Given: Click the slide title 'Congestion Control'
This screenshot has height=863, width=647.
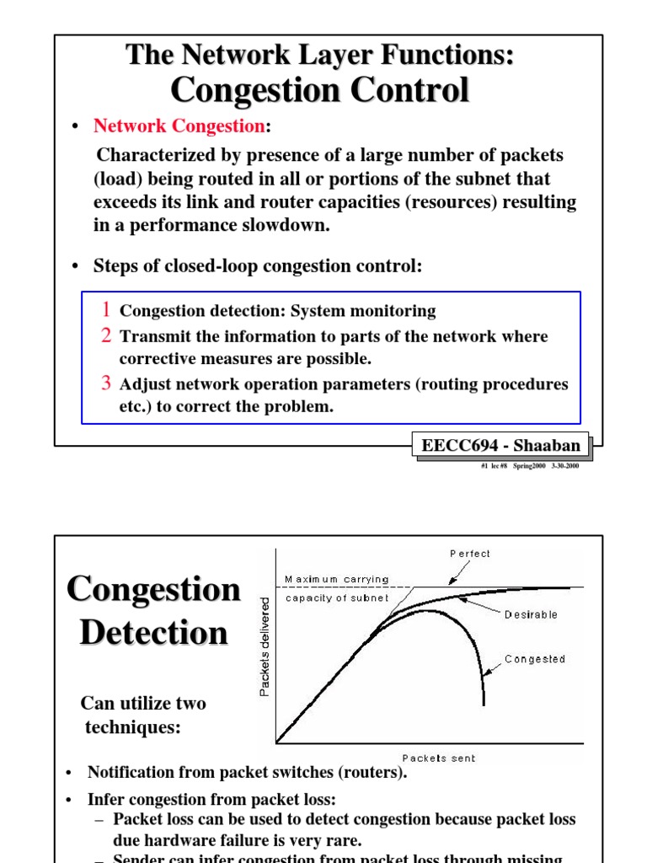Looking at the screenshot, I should pos(319,89).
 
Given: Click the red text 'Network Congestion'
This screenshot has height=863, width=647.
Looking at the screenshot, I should pos(179,126).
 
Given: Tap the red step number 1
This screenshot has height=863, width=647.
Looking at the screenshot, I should pos(107,309).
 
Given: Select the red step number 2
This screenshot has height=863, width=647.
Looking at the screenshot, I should pos(107,335).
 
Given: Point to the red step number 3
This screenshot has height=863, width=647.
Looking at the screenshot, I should pos(107,383).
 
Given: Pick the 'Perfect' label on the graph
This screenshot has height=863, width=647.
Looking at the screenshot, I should pos(469,554).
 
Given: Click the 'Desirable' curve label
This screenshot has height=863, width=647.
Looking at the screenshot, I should pos(531,614).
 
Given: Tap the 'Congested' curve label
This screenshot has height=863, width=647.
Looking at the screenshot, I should pos(535,659).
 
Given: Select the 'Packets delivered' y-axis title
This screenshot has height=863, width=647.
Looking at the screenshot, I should pos(265,646).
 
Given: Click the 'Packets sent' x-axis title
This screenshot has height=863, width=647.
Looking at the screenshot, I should pos(438,758).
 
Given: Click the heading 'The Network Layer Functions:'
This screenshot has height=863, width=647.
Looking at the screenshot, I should pos(319,55).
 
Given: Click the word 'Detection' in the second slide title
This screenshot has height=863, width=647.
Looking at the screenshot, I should pos(153,633).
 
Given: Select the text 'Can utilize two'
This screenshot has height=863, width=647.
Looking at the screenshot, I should pos(142,703).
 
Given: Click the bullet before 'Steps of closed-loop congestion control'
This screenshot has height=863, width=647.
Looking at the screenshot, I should pos(75,267).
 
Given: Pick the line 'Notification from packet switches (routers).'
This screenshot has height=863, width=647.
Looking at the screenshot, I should pos(247,773).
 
